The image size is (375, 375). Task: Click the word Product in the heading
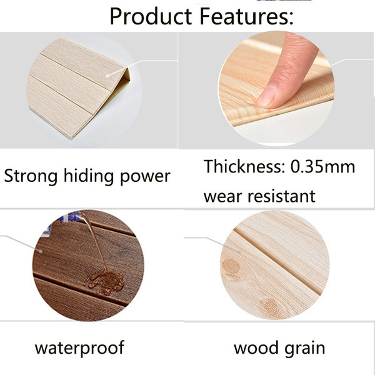[x=151, y=16]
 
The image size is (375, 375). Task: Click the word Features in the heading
[x=246, y=16]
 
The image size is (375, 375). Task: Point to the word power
[x=145, y=177]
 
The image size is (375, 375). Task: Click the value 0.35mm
[x=322, y=167]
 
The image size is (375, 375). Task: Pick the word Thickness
[x=244, y=166]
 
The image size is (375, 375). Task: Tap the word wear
[x=222, y=197]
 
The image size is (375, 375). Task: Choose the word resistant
[x=281, y=196]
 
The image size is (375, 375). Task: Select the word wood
[x=256, y=347]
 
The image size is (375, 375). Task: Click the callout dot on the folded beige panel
[x=107, y=76]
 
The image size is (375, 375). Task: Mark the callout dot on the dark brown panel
[x=41, y=251]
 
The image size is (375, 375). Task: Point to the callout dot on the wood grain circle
[x=239, y=252]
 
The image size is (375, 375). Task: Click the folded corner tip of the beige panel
[x=127, y=67]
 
